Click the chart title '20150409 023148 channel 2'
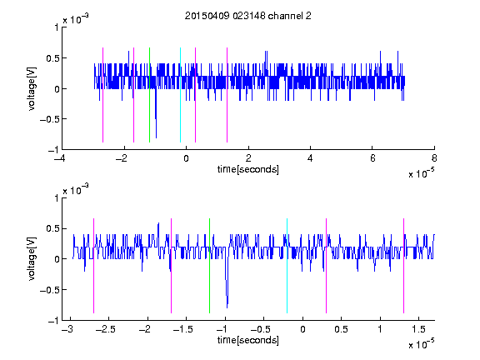(x=248, y=16)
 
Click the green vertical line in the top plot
(x=149, y=95)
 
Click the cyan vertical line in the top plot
(x=180, y=95)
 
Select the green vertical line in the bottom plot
(x=209, y=266)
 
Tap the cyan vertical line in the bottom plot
(x=287, y=266)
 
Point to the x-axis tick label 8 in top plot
(x=434, y=158)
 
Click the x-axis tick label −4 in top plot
(x=60, y=158)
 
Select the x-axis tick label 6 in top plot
(x=372, y=158)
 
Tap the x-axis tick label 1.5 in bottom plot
(x=418, y=329)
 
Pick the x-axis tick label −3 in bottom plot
(x=67, y=329)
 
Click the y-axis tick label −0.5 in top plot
(x=49, y=119)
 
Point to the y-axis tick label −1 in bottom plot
(x=53, y=321)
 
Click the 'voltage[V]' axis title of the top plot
(x=32, y=88)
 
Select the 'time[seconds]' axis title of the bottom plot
(x=248, y=340)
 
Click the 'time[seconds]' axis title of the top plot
(x=248, y=169)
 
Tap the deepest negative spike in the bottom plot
(x=227, y=307)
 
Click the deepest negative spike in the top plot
(x=156, y=137)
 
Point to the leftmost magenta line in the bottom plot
(x=93, y=266)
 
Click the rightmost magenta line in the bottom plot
(x=403, y=266)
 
